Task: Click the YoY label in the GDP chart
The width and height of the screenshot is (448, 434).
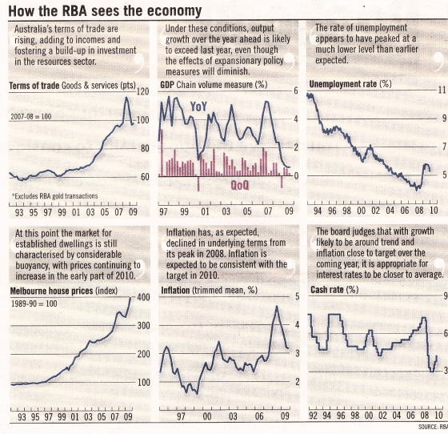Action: pos(198,106)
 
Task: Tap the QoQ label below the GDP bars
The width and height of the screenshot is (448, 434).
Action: pos(240,185)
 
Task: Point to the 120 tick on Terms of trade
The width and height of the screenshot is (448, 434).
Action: pos(143,92)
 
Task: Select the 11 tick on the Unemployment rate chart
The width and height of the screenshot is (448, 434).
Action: pos(442,90)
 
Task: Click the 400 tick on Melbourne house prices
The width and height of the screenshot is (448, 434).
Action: pos(143,297)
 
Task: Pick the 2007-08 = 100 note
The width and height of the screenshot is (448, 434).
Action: pos(31,117)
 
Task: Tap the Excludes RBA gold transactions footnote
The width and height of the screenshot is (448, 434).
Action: pos(55,196)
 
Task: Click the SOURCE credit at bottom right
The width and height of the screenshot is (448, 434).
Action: pos(433,427)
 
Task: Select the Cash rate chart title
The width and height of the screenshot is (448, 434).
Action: pos(334,290)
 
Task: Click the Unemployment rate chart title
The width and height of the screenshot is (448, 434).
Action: pos(350,84)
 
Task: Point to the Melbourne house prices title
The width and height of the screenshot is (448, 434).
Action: pos(63,291)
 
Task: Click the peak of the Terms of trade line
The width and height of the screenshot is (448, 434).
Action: pos(126,98)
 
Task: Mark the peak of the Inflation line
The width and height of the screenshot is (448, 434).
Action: pos(277,307)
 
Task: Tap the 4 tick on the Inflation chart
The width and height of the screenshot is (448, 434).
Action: pos(297,325)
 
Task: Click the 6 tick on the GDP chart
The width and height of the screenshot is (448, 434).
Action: pos(296,91)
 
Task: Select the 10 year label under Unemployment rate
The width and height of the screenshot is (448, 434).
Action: pos(434,211)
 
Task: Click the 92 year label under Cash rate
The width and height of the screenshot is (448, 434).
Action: pos(313,416)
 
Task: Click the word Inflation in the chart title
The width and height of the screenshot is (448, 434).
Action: pos(175,291)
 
